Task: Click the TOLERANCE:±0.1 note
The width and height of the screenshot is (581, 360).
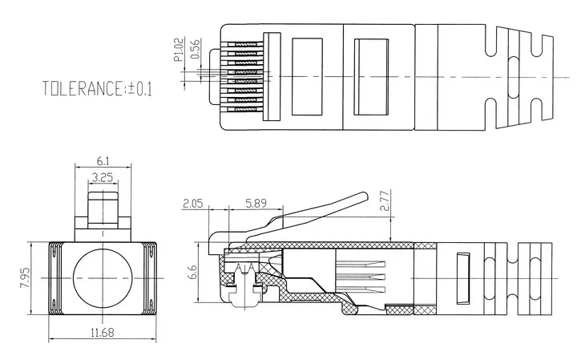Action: [97, 89]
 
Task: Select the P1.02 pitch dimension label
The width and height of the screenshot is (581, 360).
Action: [179, 50]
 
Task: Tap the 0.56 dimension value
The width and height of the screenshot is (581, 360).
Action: [195, 49]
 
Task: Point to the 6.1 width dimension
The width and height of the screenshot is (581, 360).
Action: [103, 161]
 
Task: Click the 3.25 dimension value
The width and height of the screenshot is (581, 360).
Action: [103, 177]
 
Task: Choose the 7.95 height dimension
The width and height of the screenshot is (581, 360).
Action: [26, 277]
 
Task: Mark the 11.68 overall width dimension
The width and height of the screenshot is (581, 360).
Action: [103, 333]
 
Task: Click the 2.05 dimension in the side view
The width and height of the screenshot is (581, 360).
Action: [193, 203]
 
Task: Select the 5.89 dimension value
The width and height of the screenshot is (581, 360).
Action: [256, 203]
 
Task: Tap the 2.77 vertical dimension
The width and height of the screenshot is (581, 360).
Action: [385, 200]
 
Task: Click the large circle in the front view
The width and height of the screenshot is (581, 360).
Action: [103, 278]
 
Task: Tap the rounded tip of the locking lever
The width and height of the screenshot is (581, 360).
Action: [365, 196]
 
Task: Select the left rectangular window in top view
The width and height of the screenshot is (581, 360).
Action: [307, 77]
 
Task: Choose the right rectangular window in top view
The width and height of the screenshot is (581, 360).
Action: [371, 77]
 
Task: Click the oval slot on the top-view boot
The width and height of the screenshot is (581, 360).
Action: [513, 77]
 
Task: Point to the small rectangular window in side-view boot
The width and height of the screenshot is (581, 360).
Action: [463, 278]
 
